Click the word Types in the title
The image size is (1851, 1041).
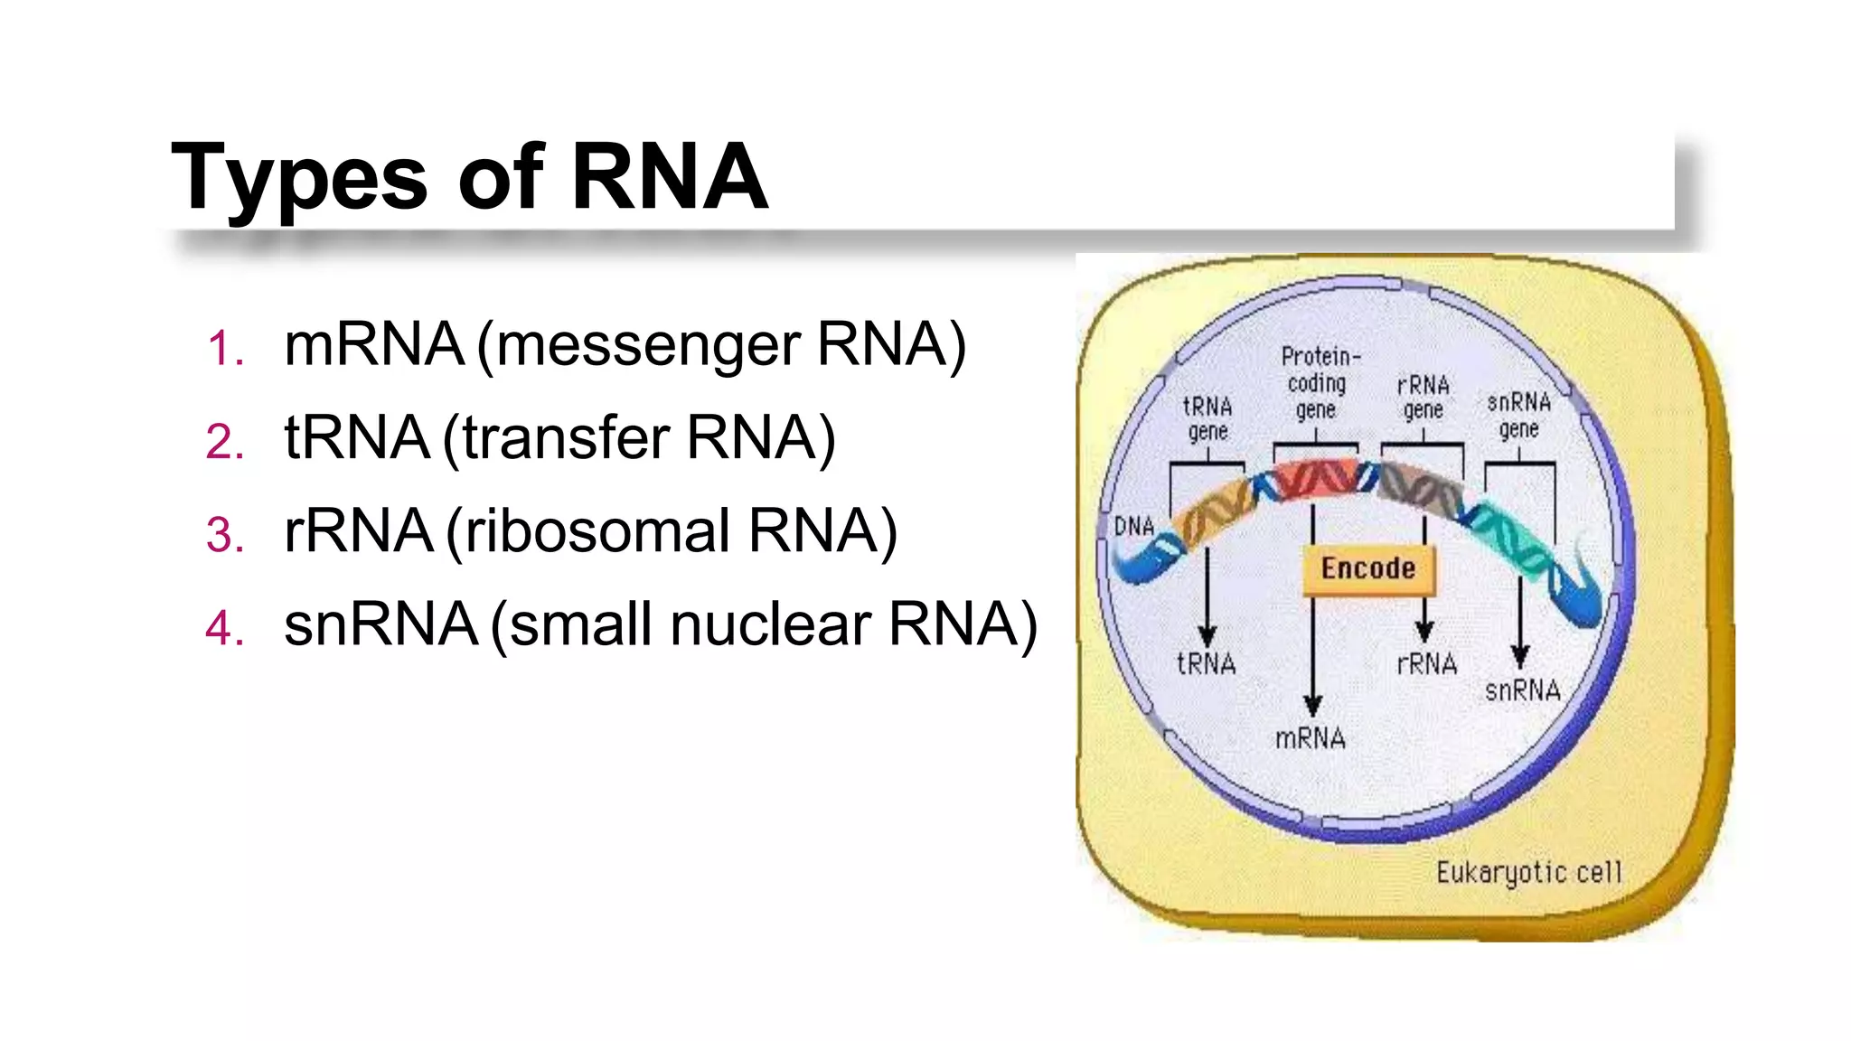pyautogui.click(x=298, y=178)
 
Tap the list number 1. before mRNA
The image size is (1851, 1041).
pyautogui.click(x=225, y=349)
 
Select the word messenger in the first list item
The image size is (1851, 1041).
pyautogui.click(x=647, y=346)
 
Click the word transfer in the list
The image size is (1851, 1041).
pyautogui.click(x=566, y=439)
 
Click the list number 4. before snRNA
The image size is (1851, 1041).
pyautogui.click(x=225, y=628)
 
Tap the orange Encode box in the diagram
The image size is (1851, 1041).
pyautogui.click(x=1367, y=569)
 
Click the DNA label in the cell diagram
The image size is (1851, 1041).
pyautogui.click(x=1133, y=527)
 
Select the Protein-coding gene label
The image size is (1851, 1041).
pyautogui.click(x=1318, y=383)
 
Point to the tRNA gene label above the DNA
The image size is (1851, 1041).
pyautogui.click(x=1207, y=418)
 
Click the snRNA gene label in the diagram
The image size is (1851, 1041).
pyautogui.click(x=1518, y=415)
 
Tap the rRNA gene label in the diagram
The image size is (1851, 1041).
pyautogui.click(x=1423, y=398)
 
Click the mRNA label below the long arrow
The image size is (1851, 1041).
pyautogui.click(x=1310, y=739)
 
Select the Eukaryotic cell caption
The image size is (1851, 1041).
pyautogui.click(x=1528, y=873)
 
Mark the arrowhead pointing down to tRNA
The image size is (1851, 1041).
pyautogui.click(x=1207, y=635)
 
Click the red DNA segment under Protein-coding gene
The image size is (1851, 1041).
pyautogui.click(x=1316, y=479)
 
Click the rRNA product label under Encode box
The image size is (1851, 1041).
pyautogui.click(x=1426, y=665)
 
